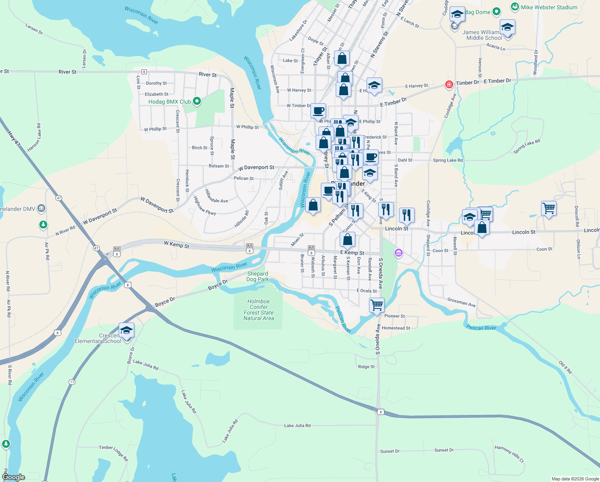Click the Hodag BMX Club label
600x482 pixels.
click(x=169, y=102)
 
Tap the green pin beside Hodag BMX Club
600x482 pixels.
click(x=197, y=101)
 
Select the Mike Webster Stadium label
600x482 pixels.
click(x=549, y=7)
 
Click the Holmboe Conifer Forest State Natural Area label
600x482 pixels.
click(x=259, y=310)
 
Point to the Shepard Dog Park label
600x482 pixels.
click(x=257, y=276)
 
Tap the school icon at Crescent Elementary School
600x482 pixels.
click(x=126, y=330)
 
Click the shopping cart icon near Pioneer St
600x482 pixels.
click(x=377, y=305)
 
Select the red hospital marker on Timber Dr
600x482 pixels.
click(x=449, y=84)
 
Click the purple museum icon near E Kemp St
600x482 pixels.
click(x=398, y=253)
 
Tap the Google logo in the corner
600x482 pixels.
click(x=13, y=477)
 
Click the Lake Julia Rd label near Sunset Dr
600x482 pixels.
click(x=297, y=425)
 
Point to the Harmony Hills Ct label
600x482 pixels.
click(x=509, y=454)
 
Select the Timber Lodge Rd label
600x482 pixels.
click(x=114, y=453)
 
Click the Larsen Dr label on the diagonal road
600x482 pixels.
click(x=34, y=29)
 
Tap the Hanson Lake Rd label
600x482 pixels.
click(x=34, y=137)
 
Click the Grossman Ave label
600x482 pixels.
click(x=461, y=302)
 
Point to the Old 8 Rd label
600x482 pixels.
click(x=565, y=368)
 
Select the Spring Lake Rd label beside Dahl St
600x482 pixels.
click(x=448, y=160)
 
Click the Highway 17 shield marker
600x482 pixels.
click(x=72, y=382)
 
